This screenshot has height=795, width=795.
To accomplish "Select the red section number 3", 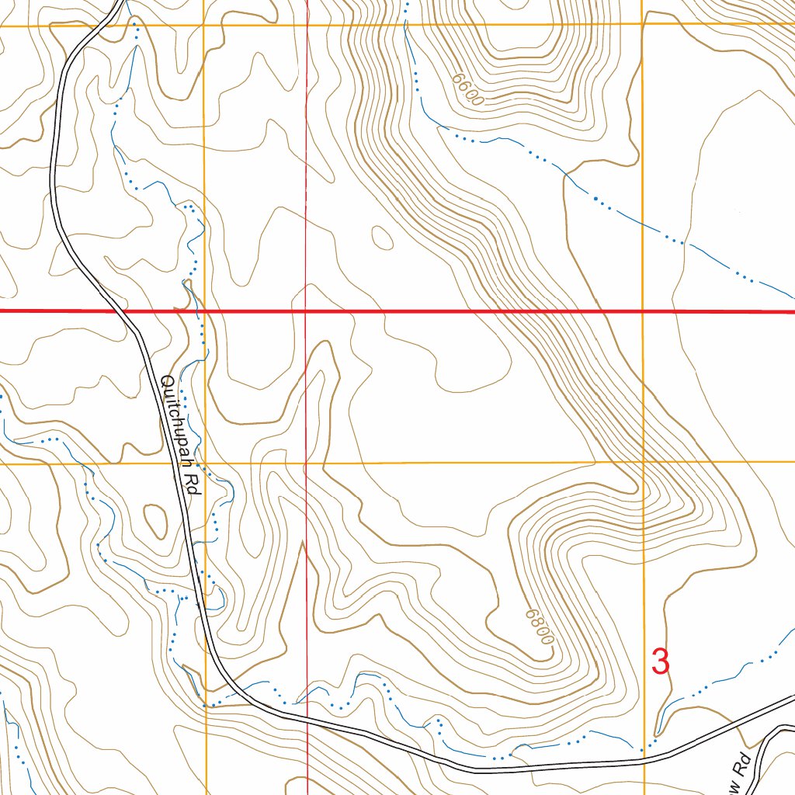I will [660, 662].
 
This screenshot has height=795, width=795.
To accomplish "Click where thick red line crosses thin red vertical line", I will [307, 311].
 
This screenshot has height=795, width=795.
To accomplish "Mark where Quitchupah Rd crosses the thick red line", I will [125, 311].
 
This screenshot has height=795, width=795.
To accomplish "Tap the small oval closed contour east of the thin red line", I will [382, 237].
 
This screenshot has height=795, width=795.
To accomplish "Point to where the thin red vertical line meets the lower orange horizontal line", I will [307, 463].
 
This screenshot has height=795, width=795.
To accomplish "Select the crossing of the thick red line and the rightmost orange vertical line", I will [643, 311].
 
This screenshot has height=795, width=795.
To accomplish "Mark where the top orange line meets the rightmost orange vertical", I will [643, 25].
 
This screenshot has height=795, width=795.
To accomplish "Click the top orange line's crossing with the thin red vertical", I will [307, 25].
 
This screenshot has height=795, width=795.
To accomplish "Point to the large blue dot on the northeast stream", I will [595, 199].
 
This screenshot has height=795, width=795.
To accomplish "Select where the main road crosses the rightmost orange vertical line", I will [644, 762].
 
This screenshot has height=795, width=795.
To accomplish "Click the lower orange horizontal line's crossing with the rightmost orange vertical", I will [643, 462].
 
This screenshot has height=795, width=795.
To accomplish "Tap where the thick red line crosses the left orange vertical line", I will [205, 311].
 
